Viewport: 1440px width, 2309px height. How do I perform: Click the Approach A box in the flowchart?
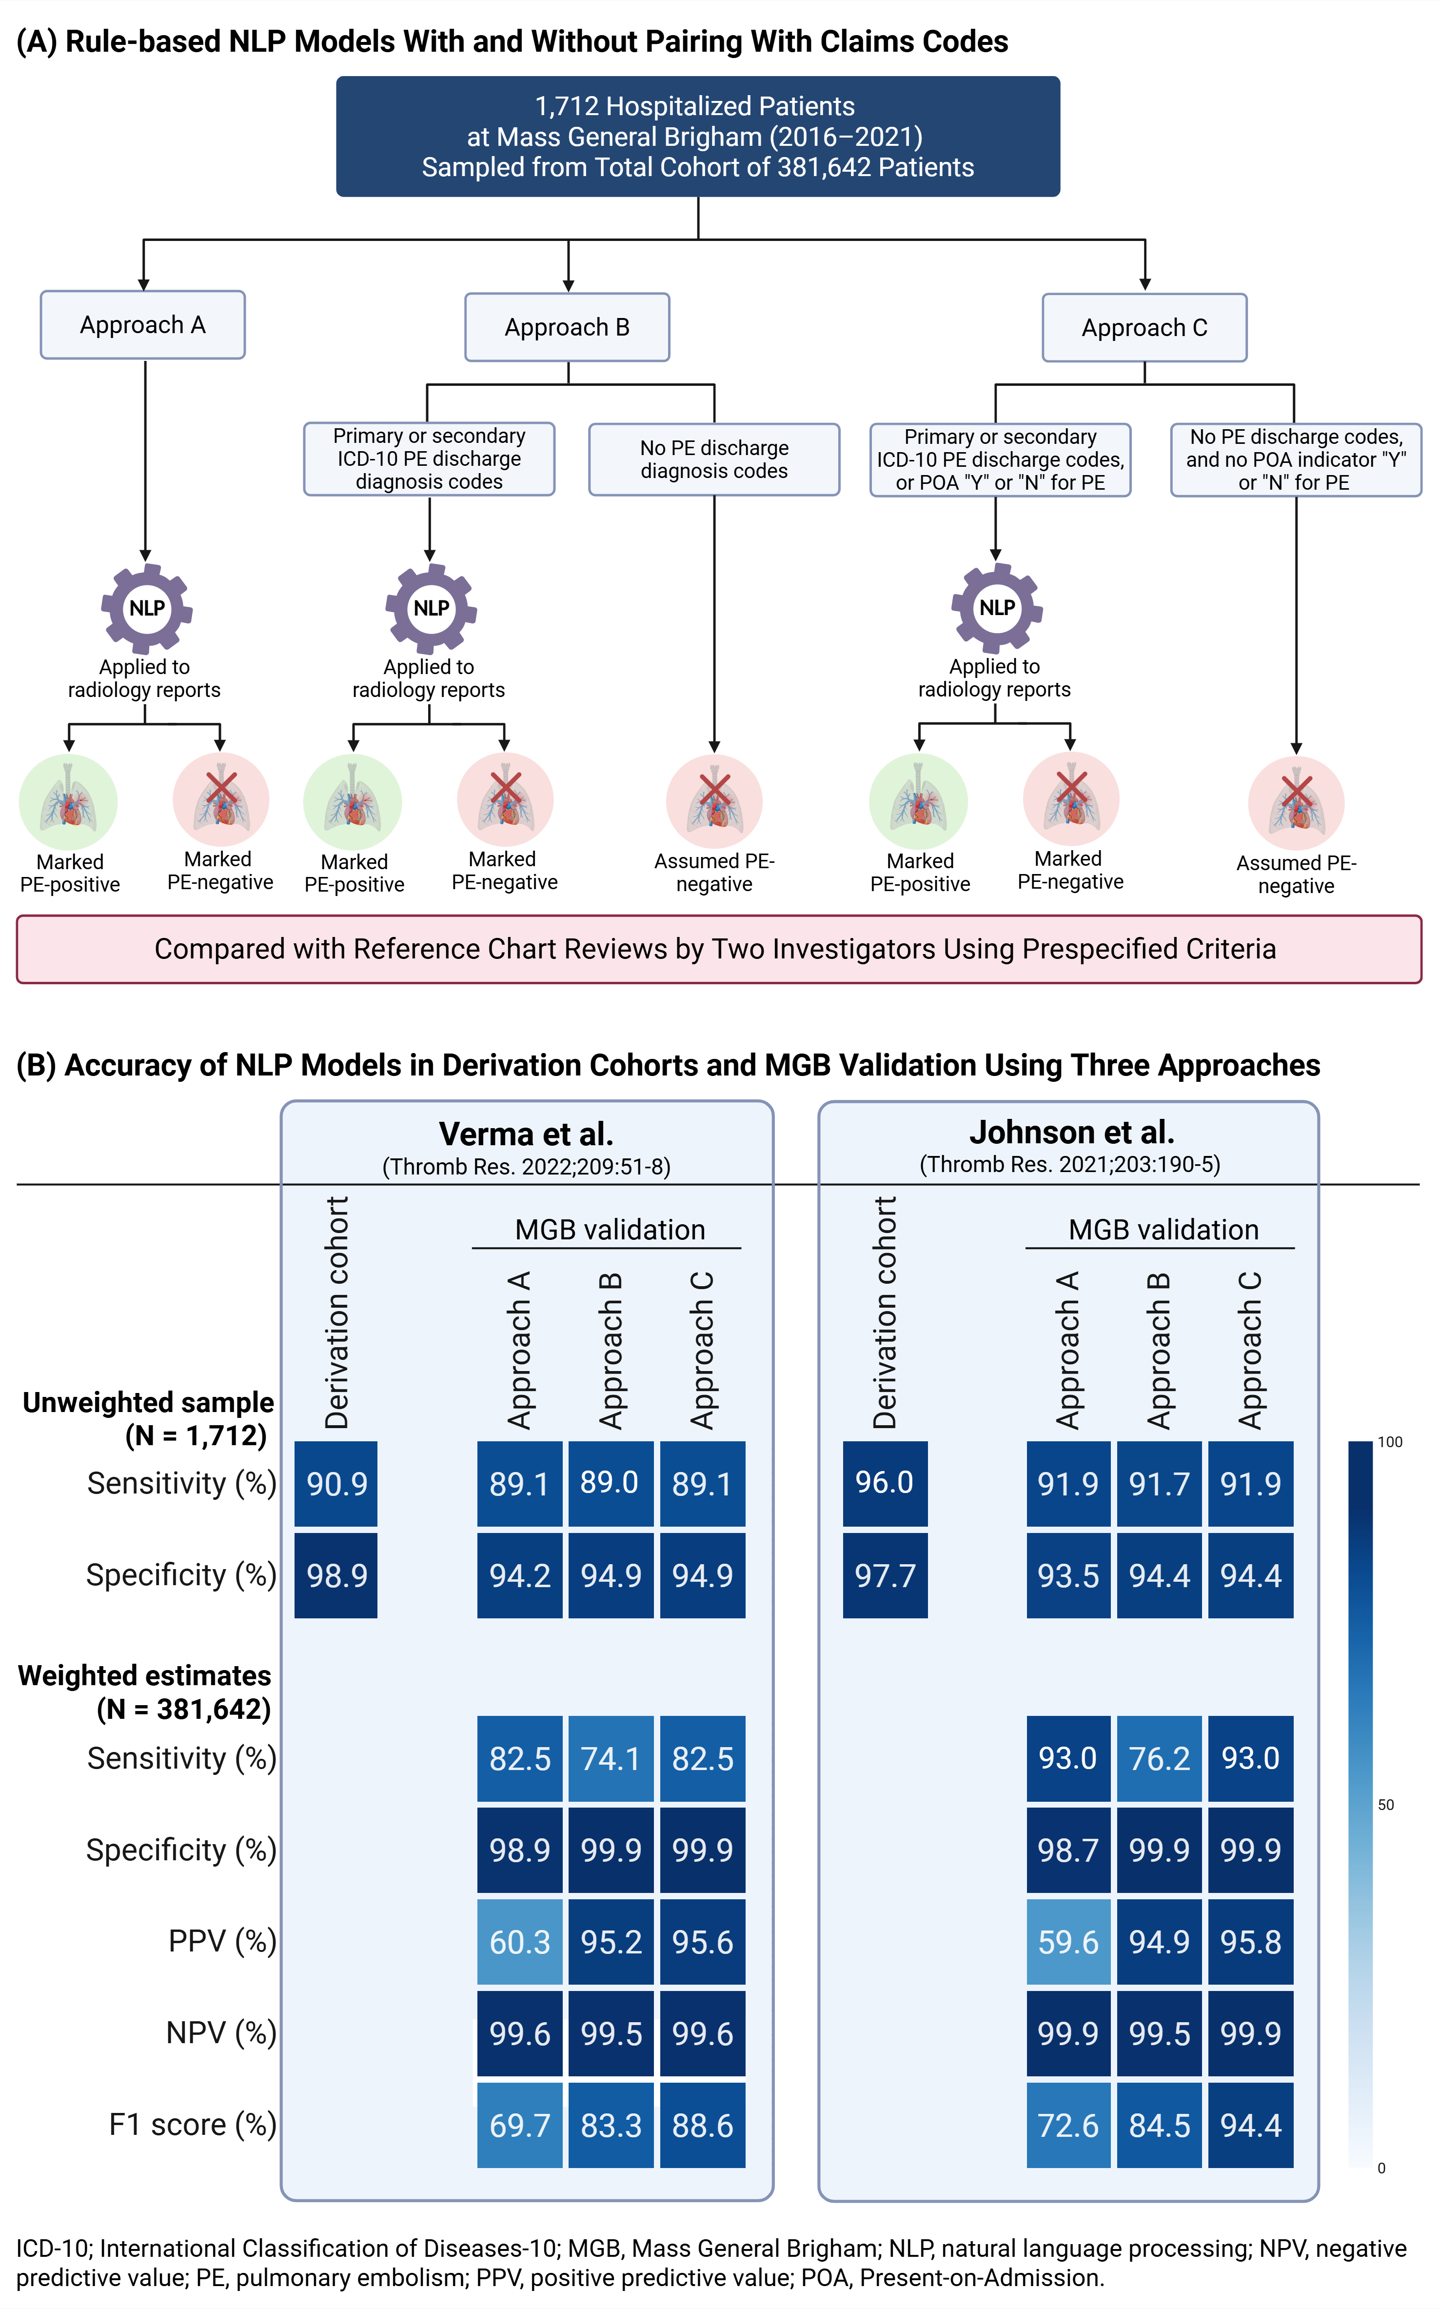143,325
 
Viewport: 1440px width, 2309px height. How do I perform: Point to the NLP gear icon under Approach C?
996,608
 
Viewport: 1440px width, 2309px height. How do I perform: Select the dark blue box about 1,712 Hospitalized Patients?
698,136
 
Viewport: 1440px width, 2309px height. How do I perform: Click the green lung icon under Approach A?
69,801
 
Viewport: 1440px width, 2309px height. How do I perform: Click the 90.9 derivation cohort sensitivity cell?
336,1483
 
